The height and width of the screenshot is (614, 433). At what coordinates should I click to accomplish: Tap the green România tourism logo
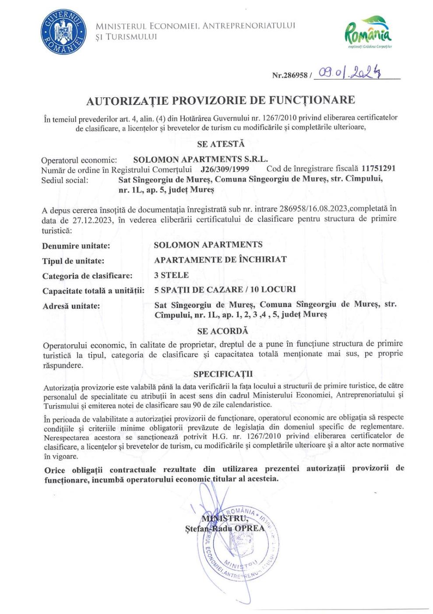pos(369,32)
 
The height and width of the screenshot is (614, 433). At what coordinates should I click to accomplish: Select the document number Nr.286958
pos(290,75)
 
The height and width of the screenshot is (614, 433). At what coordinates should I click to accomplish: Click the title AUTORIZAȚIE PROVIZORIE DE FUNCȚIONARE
pos(220,100)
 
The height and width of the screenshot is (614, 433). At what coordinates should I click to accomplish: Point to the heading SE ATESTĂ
pos(221,144)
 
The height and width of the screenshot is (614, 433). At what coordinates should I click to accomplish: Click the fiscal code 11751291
pos(379,168)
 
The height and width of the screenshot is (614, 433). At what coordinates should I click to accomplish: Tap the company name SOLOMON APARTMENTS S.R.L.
pos(200,159)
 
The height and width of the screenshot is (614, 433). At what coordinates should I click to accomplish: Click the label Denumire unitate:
pos(76,246)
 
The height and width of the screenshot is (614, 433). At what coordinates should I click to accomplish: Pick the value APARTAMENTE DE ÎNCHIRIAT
pos(220,259)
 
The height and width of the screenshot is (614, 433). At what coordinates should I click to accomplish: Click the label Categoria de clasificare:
pos(87,276)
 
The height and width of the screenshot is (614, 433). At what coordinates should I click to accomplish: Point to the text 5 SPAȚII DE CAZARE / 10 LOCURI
pos(225,289)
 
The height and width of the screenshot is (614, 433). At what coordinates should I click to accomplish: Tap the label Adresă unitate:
pos(71,306)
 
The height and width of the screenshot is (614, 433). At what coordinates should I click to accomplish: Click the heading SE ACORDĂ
pos(222,331)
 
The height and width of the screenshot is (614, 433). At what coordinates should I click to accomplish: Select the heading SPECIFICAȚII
pos(223,374)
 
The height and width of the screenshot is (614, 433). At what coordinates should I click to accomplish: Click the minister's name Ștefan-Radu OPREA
pos(225,528)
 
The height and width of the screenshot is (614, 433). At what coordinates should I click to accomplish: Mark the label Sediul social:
pos(65,180)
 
